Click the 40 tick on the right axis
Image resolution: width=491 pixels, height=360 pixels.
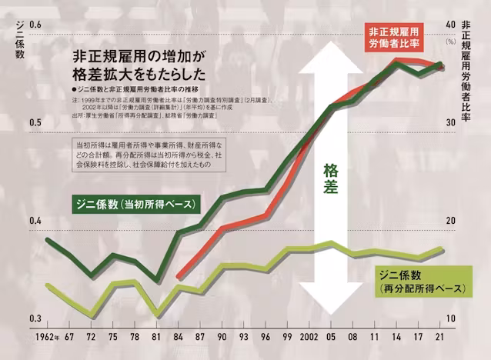tap(452, 25)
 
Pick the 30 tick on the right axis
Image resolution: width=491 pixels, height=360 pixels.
tap(452, 123)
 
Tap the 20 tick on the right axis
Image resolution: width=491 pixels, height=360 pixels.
tap(452, 222)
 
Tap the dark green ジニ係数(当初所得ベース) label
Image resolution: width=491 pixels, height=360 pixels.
tap(134, 205)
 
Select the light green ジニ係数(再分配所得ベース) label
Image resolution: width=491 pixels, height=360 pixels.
tap(422, 281)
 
